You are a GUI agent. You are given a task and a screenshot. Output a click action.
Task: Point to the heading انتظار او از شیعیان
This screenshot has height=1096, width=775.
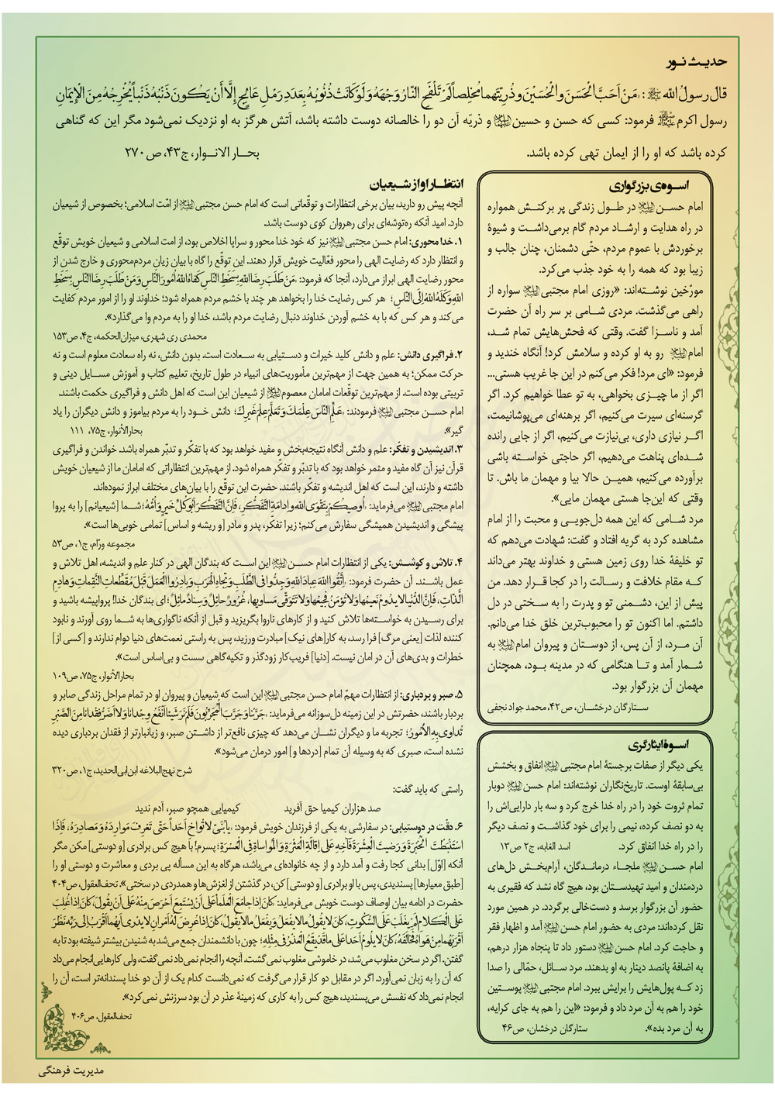[x=422, y=185]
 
